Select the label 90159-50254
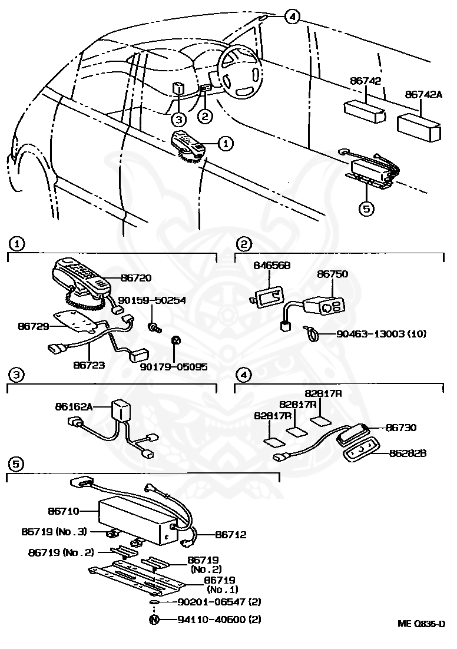[152, 300]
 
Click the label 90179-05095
[174, 366]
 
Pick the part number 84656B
[271, 266]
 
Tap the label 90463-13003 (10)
[380, 334]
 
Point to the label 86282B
[408, 453]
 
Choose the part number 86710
[62, 511]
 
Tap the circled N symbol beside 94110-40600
[154, 620]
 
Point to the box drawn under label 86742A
[419, 127]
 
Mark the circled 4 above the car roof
[292, 16]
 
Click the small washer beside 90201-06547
[154, 602]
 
